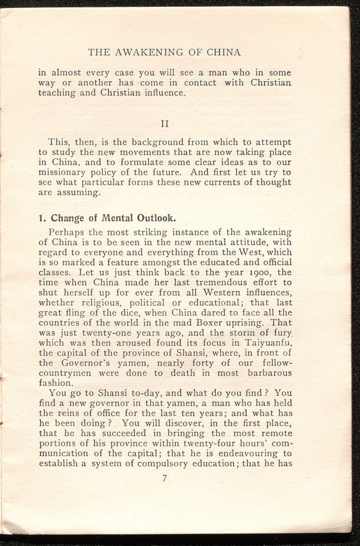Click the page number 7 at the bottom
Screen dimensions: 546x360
coord(164,479)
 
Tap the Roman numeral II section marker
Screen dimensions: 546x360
coord(164,123)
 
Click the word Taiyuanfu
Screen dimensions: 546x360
coord(266,344)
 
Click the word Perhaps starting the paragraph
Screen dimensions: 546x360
coord(67,233)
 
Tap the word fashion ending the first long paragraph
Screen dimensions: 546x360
coord(56,384)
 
